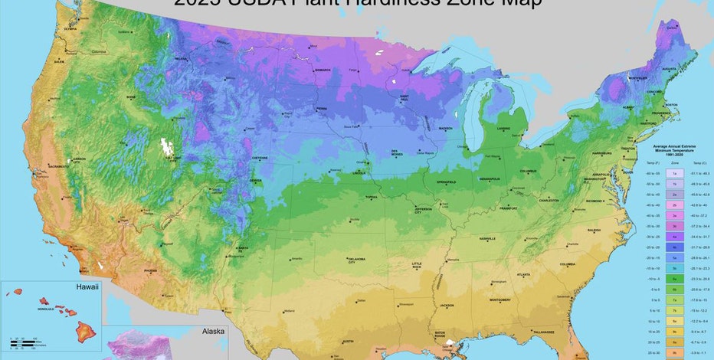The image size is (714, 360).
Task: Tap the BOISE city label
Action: [131, 97]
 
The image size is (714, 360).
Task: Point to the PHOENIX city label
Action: [149, 269]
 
